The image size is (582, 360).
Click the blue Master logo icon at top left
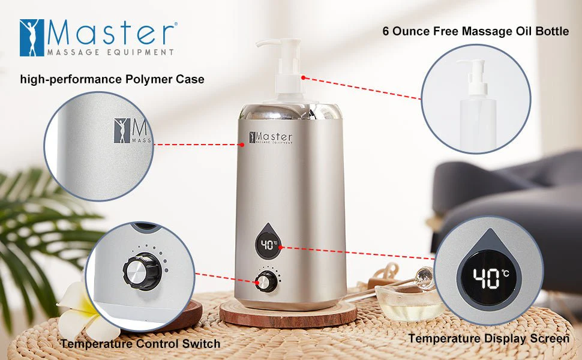pyautogui.click(x=32, y=38)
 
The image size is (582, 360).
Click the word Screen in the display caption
pyautogui.click(x=550, y=338)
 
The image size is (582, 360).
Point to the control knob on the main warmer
pyautogui.click(x=266, y=282)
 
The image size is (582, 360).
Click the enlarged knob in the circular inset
pyautogui.click(x=142, y=271)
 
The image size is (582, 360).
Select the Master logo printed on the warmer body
pyautogui.click(x=271, y=137)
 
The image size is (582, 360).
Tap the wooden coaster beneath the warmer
pyautogui.click(x=288, y=314)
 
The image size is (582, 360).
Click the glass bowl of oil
pyautogui.click(x=408, y=302)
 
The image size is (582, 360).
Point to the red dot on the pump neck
pyautogui.click(x=303, y=77)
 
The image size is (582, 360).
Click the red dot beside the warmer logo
pyautogui.click(x=242, y=145)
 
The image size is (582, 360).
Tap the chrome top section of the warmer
pyautogui.click(x=290, y=112)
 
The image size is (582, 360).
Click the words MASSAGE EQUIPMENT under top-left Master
pyautogui.click(x=110, y=52)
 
